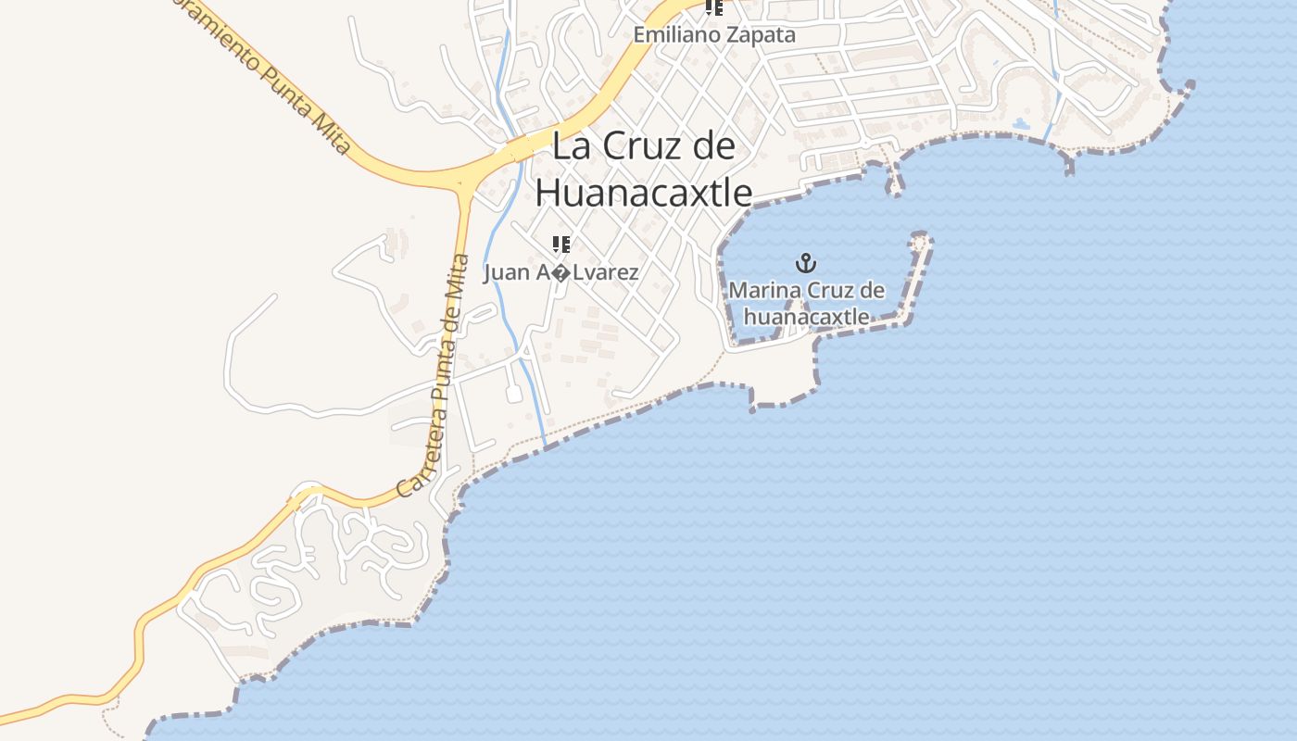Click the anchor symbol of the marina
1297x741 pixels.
pyautogui.click(x=806, y=263)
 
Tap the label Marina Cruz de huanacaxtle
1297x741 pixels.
pyautogui.click(x=806, y=303)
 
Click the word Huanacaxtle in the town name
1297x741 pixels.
pyautogui.click(x=644, y=193)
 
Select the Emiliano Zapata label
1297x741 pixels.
pyautogui.click(x=714, y=35)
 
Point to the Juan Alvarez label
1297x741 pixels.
pyautogui.click(x=560, y=272)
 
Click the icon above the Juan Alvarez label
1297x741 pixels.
pyautogui.click(x=560, y=245)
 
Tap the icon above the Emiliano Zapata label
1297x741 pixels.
pyautogui.click(x=713, y=8)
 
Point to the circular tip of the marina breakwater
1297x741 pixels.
pyautogui.click(x=920, y=242)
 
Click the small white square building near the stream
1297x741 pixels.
pyautogui.click(x=514, y=395)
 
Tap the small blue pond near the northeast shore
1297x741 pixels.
pyautogui.click(x=1021, y=123)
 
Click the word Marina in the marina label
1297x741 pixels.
pyautogui.click(x=764, y=291)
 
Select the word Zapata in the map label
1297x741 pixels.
pyautogui.click(x=763, y=35)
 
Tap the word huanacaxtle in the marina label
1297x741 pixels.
pyautogui.click(x=806, y=317)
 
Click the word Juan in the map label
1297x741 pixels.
pyautogui.click(x=505, y=272)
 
